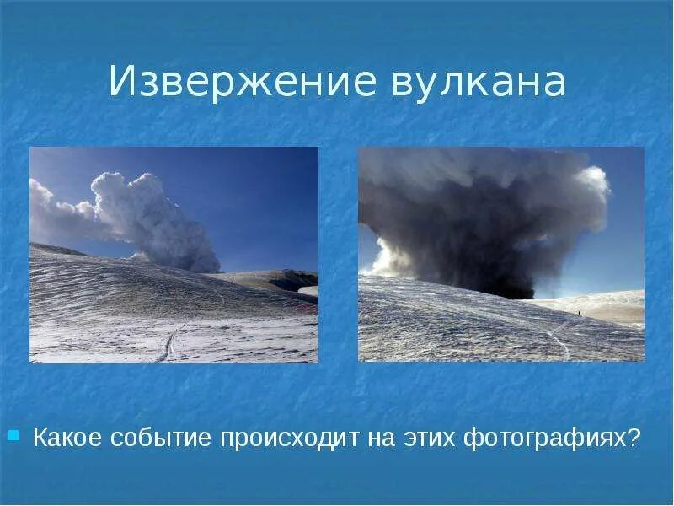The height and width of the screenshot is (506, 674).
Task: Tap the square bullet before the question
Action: coord(13,436)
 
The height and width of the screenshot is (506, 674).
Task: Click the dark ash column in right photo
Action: coord(472,228)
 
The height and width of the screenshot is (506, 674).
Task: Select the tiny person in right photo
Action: coord(579,314)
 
